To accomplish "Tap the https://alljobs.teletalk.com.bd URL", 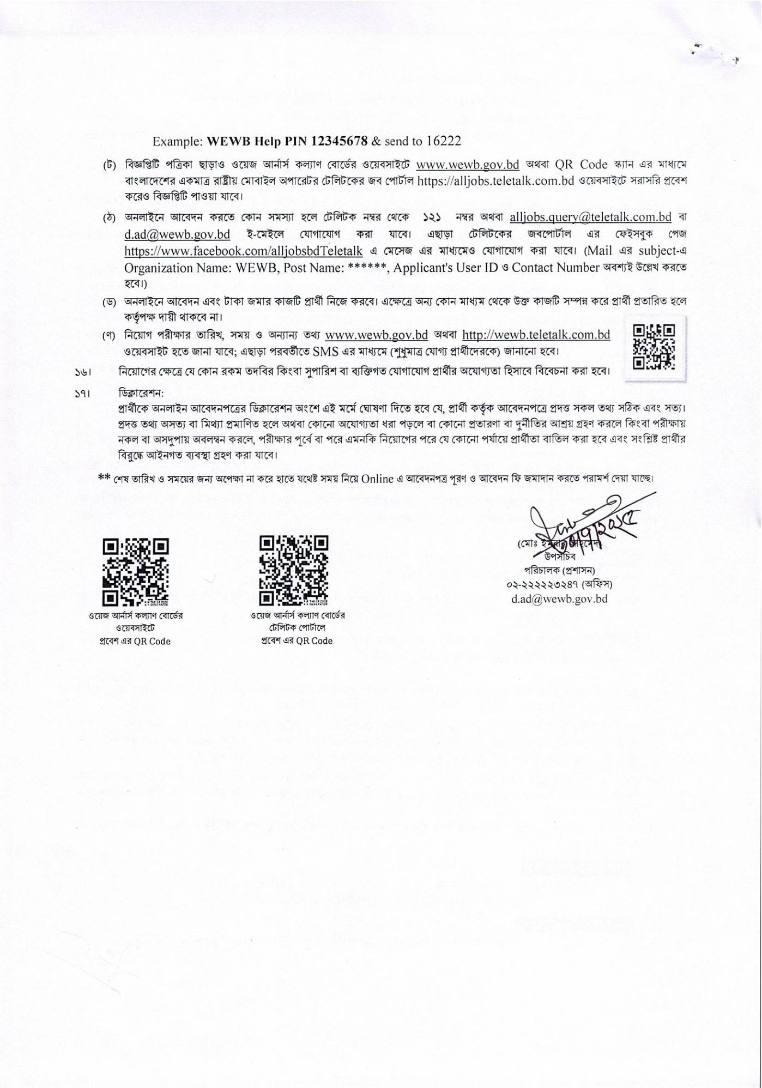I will [495, 181].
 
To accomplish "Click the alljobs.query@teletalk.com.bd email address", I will [590, 217].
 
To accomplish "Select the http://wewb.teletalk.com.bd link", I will [536, 335].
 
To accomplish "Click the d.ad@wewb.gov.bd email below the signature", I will [559, 599].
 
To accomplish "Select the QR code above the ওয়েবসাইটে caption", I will [136, 572].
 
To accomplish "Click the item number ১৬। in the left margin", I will [82, 374].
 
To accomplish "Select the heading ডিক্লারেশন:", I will [141, 392].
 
